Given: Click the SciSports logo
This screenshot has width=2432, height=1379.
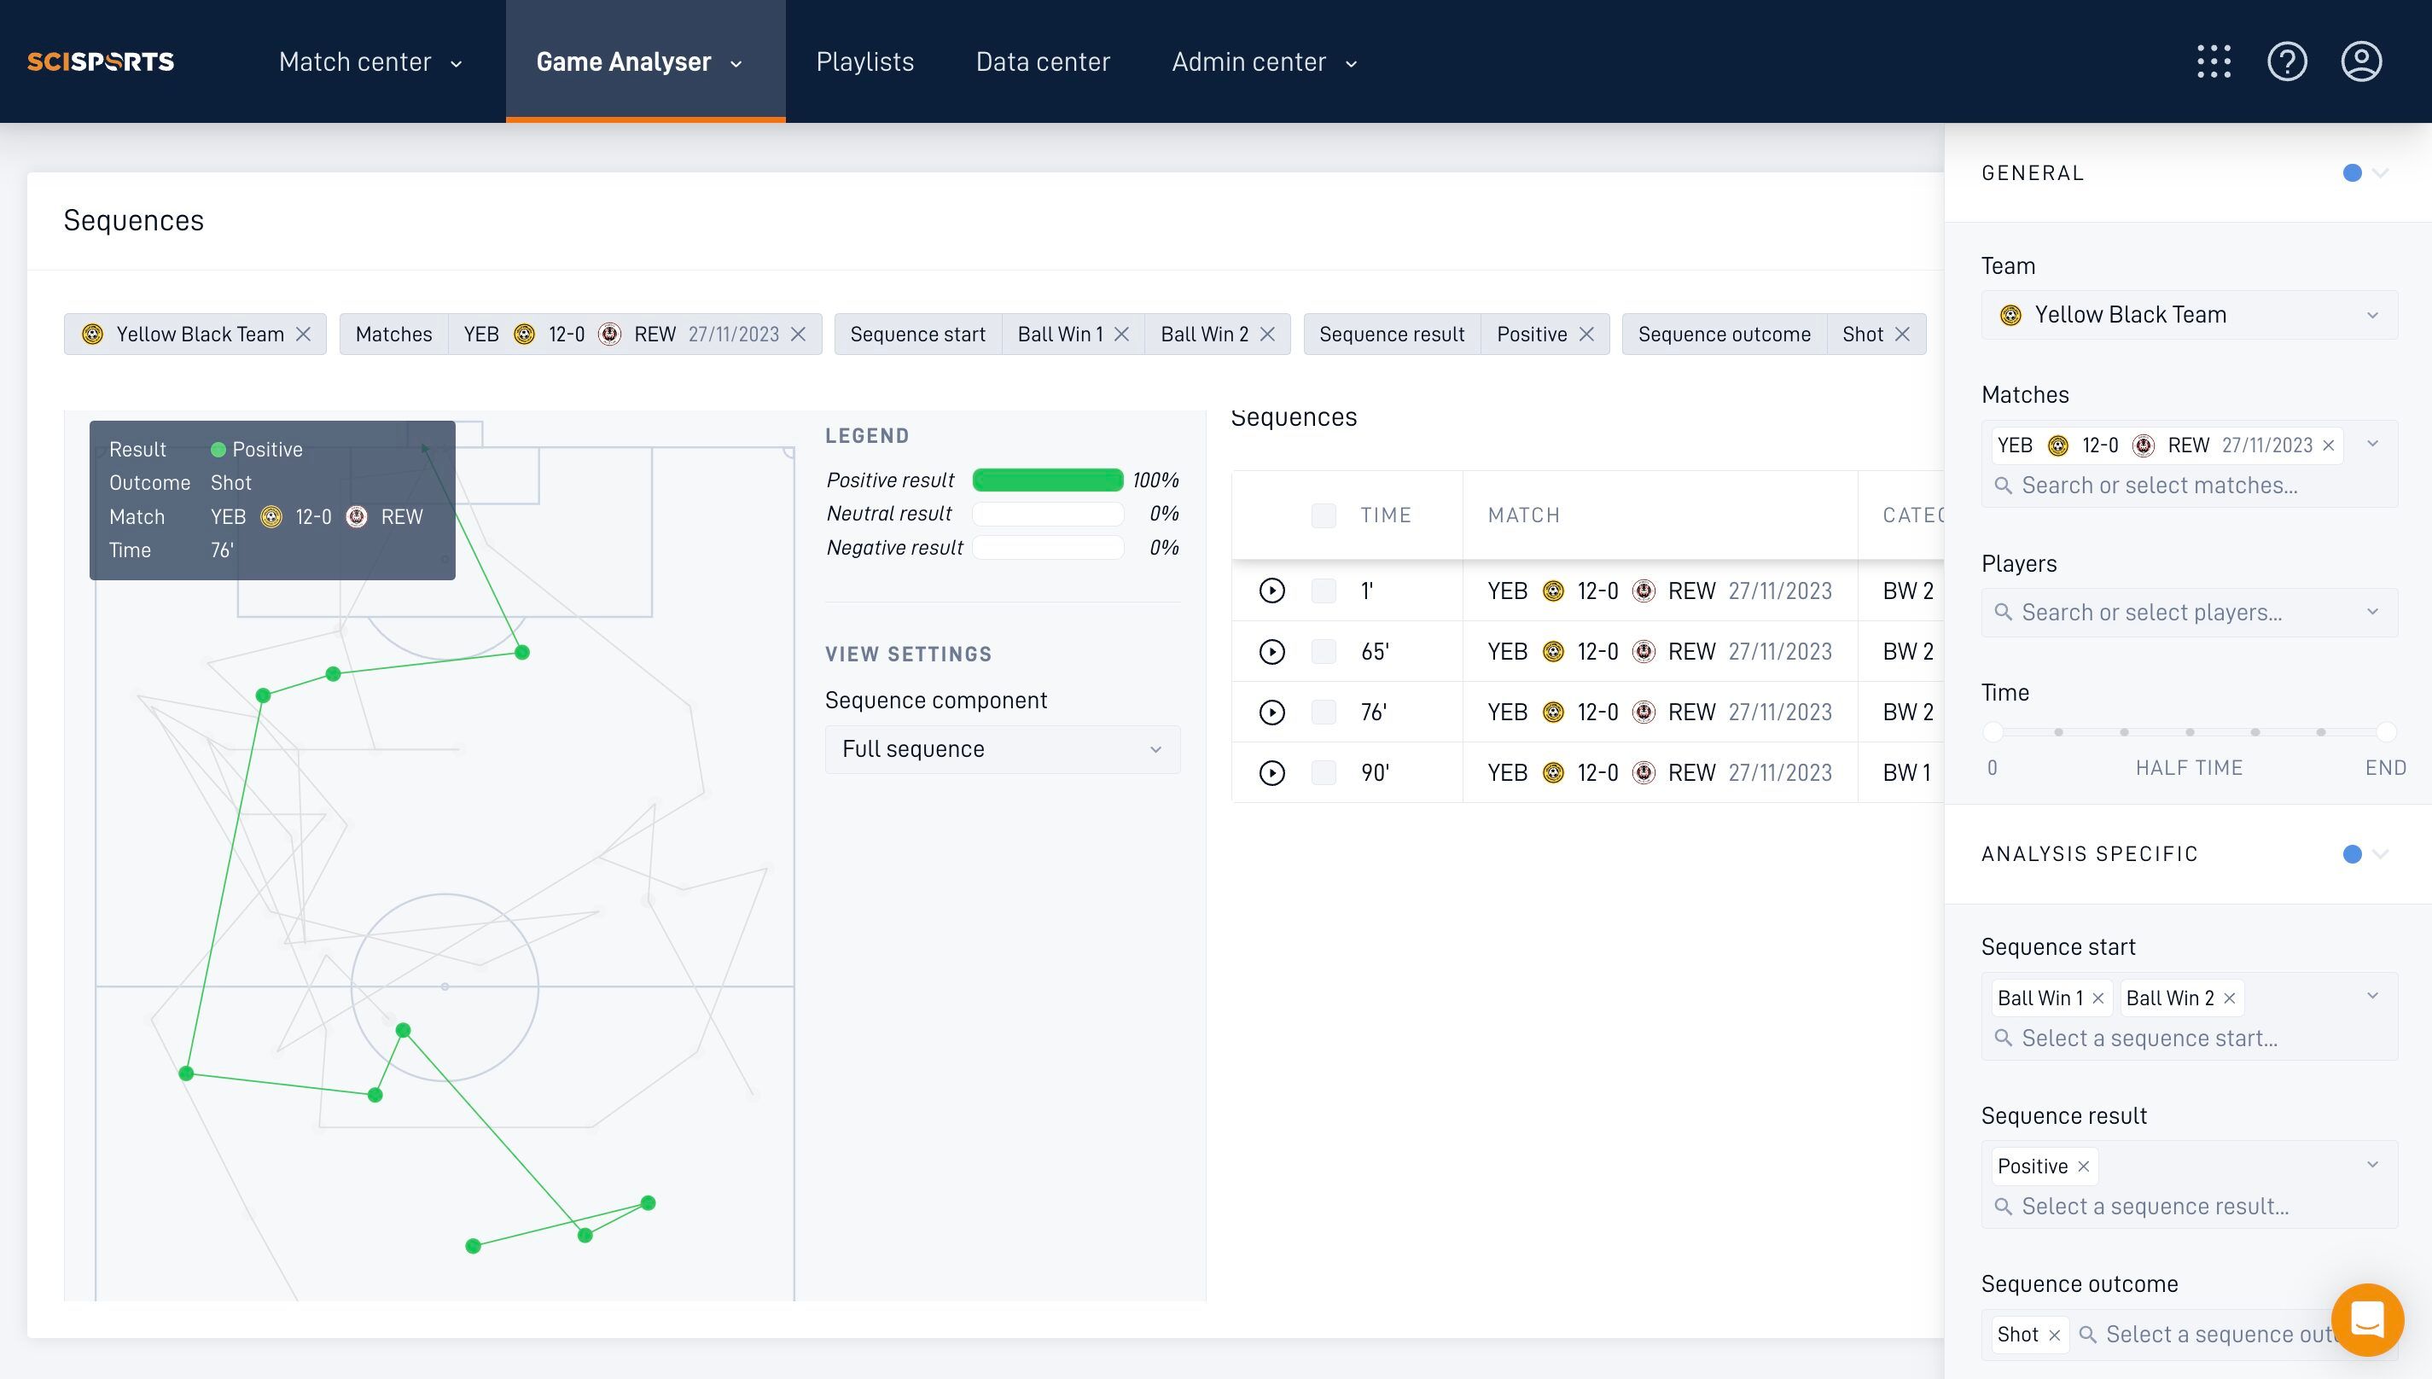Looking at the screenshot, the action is coord(101,61).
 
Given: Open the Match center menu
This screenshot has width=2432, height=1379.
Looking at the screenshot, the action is coord(370,61).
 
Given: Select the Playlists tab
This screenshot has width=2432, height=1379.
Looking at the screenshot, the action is coord(864,61).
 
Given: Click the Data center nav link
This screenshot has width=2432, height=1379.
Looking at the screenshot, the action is coord(1043,61).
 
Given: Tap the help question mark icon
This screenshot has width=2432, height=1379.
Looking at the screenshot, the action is coord(2286,61).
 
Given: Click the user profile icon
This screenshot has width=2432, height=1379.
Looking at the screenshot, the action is coord(2361,61).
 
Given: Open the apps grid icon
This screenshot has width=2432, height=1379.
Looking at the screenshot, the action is coord(2214,61).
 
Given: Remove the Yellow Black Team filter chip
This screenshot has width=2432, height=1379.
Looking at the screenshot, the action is coord(303,335).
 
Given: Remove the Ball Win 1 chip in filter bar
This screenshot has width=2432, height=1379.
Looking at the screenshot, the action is coord(1121,335).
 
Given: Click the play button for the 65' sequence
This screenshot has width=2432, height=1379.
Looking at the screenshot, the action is coord(1271,652).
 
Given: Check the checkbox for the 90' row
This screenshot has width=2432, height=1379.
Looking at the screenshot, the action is coord(1323,773).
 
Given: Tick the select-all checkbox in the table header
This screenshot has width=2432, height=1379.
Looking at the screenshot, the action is coord(1323,515).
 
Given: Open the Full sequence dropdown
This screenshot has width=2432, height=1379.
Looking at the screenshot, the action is coord(1002,749).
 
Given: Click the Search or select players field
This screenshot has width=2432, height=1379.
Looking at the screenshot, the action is coord(2189,612).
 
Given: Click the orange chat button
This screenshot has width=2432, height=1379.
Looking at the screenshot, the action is coord(2366,1319).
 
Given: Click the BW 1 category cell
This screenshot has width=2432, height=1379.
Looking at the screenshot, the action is coord(1906,773).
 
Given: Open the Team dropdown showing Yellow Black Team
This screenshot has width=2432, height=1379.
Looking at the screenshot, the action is coord(2189,314).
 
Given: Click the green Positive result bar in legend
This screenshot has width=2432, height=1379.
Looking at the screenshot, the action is coord(1047,480).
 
